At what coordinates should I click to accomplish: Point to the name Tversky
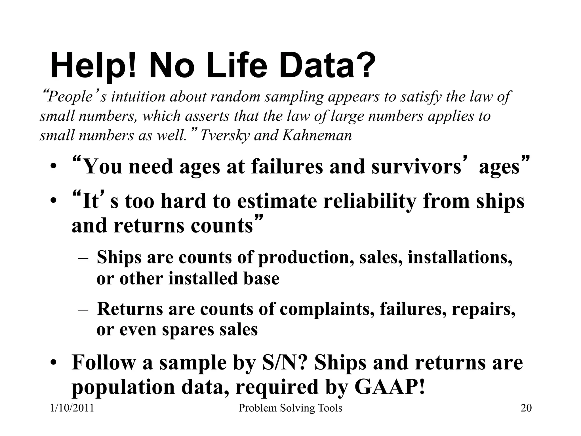click(x=224, y=135)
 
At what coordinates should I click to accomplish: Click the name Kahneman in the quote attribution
click(x=317, y=135)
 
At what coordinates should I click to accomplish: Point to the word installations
click(x=460, y=257)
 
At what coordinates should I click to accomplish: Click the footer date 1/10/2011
click(x=72, y=408)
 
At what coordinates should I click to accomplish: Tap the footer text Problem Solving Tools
click(x=290, y=408)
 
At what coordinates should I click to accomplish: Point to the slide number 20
click(x=526, y=408)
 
